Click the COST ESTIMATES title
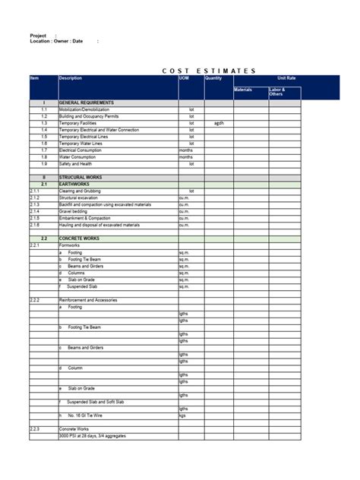pos(209,71)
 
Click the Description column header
pos(71,78)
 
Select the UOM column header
pos(185,78)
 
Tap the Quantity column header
pos(213,78)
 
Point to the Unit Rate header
pos(286,78)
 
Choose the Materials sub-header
pos(243,90)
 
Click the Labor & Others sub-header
pos(277,92)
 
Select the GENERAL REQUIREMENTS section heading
pos(87,103)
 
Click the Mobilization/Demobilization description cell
pos(84,109)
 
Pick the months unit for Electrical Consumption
pos(186,150)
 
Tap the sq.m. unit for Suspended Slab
pos(184,287)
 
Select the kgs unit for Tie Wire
pos(182,416)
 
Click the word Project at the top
pos(38,36)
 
